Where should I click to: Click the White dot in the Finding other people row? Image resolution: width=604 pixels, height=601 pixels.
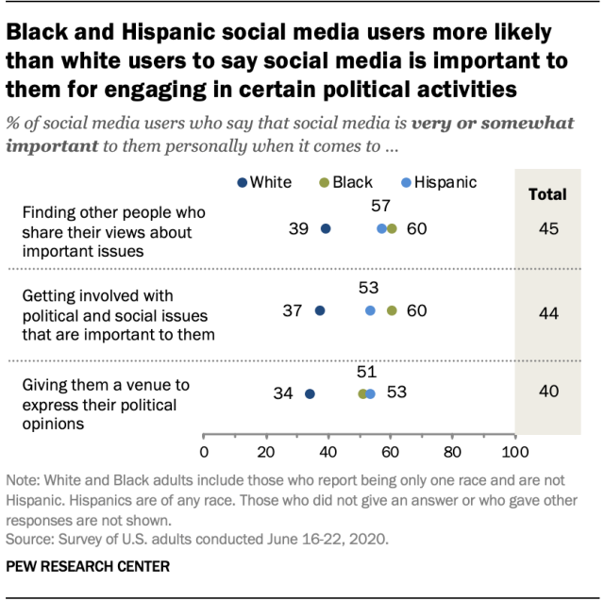[326, 228]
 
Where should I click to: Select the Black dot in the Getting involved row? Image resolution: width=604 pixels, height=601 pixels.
[392, 310]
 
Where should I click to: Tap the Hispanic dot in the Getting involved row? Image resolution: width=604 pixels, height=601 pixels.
[370, 310]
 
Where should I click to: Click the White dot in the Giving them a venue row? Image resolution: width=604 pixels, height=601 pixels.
[310, 393]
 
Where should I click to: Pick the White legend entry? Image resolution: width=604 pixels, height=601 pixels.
[265, 182]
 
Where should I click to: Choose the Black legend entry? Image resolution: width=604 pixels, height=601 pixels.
[346, 182]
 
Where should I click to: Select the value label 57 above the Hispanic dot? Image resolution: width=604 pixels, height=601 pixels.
[380, 206]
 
